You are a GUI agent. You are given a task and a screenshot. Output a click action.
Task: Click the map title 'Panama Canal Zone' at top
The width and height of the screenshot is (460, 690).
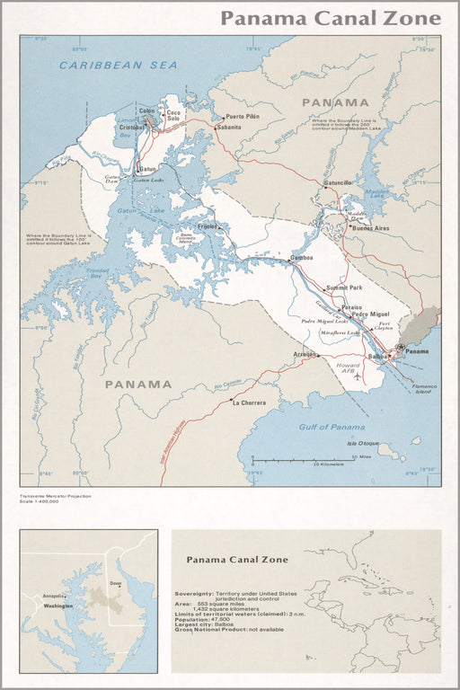pos(331,18)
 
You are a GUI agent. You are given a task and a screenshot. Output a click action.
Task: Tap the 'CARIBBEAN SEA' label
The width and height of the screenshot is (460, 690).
pos(106,66)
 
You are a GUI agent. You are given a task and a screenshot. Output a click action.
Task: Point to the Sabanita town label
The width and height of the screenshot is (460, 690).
pos(229,128)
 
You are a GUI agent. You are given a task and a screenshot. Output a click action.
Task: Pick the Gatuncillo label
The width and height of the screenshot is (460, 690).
pos(338,182)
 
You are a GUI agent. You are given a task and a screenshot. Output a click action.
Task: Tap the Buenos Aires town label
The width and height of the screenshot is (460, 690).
pos(371,228)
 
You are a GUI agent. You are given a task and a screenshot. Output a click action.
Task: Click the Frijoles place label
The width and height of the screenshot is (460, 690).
pos(208,226)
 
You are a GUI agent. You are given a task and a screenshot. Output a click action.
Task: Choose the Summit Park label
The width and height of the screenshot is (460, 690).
pos(344,287)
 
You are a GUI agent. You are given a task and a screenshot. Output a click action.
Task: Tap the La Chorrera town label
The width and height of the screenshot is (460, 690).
pos(249,402)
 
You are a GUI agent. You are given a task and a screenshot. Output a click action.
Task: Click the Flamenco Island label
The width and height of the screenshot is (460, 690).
pos(421,388)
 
